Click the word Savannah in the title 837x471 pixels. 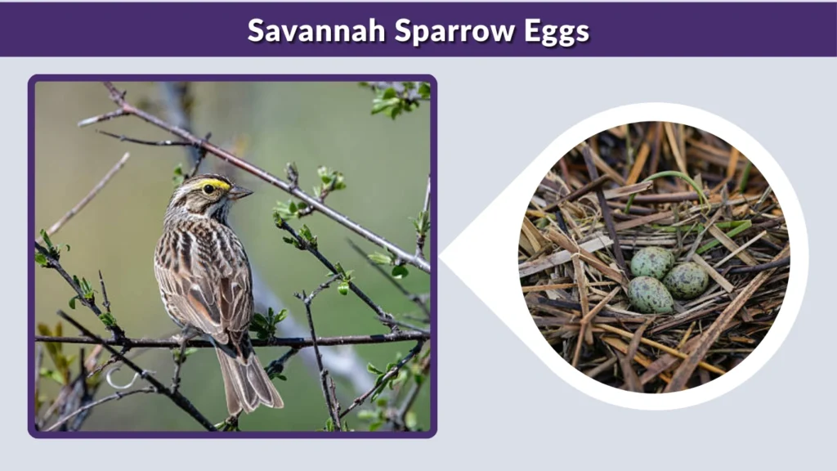(x=316, y=30)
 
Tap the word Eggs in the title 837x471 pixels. (x=557, y=30)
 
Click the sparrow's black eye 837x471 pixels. (x=208, y=189)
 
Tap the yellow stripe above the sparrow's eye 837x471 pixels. (x=215, y=183)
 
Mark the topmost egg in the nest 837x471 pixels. (x=651, y=262)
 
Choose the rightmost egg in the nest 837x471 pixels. (x=686, y=280)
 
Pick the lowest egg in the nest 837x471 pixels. (x=650, y=295)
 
